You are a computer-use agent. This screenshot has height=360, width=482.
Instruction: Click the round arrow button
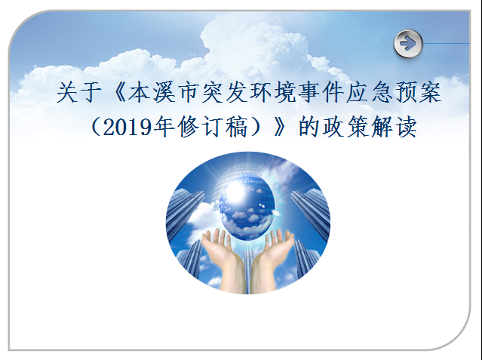coord(408,43)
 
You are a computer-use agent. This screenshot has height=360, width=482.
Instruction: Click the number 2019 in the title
coord(127,127)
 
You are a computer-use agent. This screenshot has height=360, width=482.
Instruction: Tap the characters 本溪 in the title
coord(152,92)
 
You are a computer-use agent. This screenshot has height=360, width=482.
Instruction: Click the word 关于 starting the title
coord(79,92)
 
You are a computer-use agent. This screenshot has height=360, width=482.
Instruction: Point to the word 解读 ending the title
coord(394,127)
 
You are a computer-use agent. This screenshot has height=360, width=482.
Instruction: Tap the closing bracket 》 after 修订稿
coord(280,127)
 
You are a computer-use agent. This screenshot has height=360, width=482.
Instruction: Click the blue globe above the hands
coord(247,210)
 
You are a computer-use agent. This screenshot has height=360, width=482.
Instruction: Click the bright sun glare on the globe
coord(235,193)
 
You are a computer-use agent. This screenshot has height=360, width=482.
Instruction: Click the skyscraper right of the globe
coord(311,212)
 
